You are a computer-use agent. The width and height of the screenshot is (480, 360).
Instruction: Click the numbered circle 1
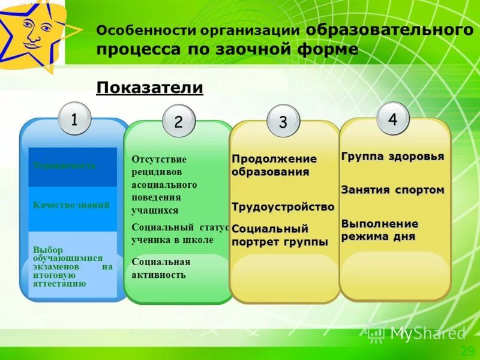pos(74,119)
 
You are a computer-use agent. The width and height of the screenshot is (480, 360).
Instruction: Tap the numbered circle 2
pos(179,122)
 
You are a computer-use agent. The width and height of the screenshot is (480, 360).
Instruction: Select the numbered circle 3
pos(283,121)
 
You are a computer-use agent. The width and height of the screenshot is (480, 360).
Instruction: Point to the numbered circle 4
pos(392,119)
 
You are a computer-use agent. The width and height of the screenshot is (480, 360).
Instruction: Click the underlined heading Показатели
pos(150,88)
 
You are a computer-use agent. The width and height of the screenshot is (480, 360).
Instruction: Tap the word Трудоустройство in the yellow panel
pos(283,206)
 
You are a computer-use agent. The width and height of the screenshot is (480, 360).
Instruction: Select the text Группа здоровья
pos(392,157)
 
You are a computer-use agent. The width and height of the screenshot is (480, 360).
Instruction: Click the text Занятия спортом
pos(392,190)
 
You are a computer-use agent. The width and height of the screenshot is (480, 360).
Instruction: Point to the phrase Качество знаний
pos(71,205)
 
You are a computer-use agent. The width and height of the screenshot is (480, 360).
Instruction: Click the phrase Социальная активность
pos(161,268)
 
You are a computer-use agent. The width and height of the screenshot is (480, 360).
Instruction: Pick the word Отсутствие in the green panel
pos(159,159)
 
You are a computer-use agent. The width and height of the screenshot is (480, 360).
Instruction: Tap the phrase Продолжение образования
pos(274,165)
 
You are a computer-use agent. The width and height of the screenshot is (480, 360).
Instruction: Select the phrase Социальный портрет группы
pos(280,235)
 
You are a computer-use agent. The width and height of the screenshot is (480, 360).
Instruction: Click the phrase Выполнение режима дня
pos(380,230)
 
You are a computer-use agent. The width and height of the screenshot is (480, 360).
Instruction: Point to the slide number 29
pos(467,351)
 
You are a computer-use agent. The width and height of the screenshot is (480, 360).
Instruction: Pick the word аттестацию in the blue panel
pos(59,283)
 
